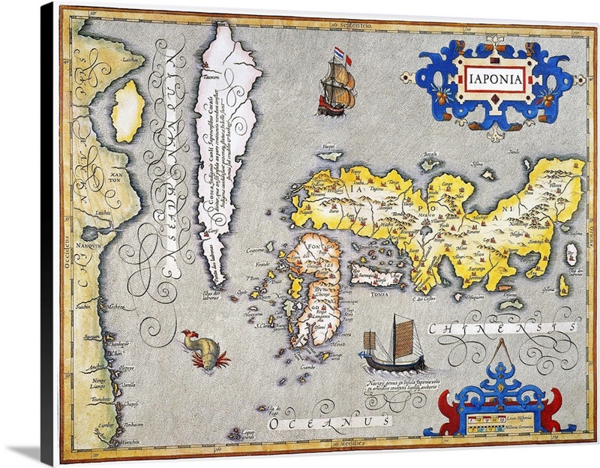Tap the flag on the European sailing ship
coord(338,55)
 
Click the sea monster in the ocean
coord(199,349)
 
